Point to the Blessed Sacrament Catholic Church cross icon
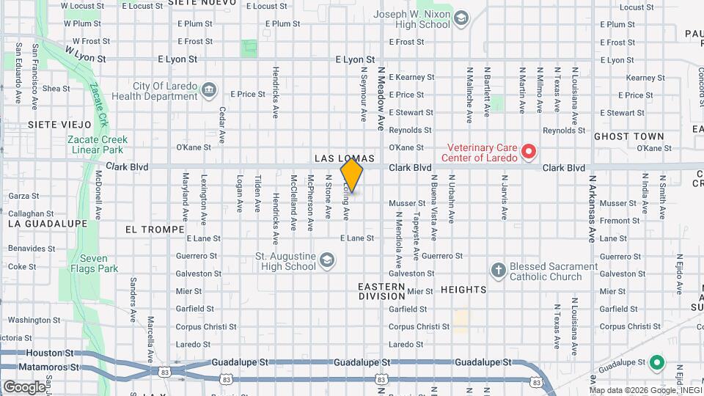pos(498,270)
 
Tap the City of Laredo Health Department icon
pos(209,90)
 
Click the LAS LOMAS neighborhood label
pos(345,158)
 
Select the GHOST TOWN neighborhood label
pos(628,136)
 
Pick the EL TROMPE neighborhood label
pos(155,230)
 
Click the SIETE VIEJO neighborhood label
pos(60,125)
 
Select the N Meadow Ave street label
pos(381,95)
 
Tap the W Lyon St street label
pos(86,54)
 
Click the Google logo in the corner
pos(23,386)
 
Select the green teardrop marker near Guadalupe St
pos(658,362)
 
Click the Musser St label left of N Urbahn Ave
pos(407,203)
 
